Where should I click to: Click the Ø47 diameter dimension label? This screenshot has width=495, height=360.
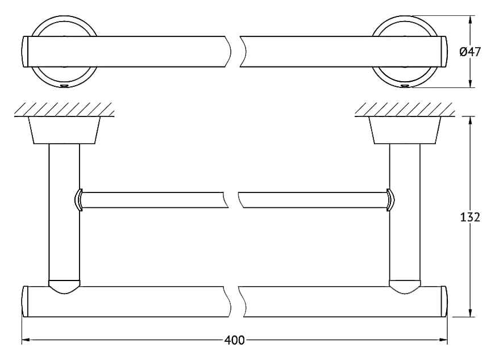tap(470, 52)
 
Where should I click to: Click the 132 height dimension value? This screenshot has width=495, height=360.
tap(470, 217)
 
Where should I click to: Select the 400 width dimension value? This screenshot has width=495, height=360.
tap(235, 340)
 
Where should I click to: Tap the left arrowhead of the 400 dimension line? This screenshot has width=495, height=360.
tap(26, 340)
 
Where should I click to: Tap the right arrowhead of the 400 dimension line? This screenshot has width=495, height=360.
tap(443, 340)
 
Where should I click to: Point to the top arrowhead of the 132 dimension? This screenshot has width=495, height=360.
tap(471, 121)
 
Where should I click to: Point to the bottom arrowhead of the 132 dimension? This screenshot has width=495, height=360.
tap(471, 312)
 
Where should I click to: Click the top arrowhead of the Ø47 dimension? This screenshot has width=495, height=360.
tap(471, 20)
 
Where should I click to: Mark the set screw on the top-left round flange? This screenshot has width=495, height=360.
tap(64, 86)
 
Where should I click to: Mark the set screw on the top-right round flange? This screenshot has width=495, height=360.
tap(405, 86)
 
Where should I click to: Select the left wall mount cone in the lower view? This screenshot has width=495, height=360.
tap(64, 130)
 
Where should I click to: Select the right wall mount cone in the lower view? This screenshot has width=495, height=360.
tap(405, 130)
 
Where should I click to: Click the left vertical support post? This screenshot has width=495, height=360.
tap(64, 212)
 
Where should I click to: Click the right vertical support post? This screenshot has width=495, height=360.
tap(405, 212)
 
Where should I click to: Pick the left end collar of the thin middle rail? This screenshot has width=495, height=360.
tap(78, 200)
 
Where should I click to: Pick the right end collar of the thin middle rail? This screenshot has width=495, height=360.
tap(391, 200)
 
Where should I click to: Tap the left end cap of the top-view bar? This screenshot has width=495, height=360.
tap(26, 52)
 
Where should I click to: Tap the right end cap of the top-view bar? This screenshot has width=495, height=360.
tap(443, 52)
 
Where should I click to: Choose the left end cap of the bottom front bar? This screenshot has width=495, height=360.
tap(26, 302)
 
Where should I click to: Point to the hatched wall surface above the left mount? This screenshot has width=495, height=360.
tap(64, 110)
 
